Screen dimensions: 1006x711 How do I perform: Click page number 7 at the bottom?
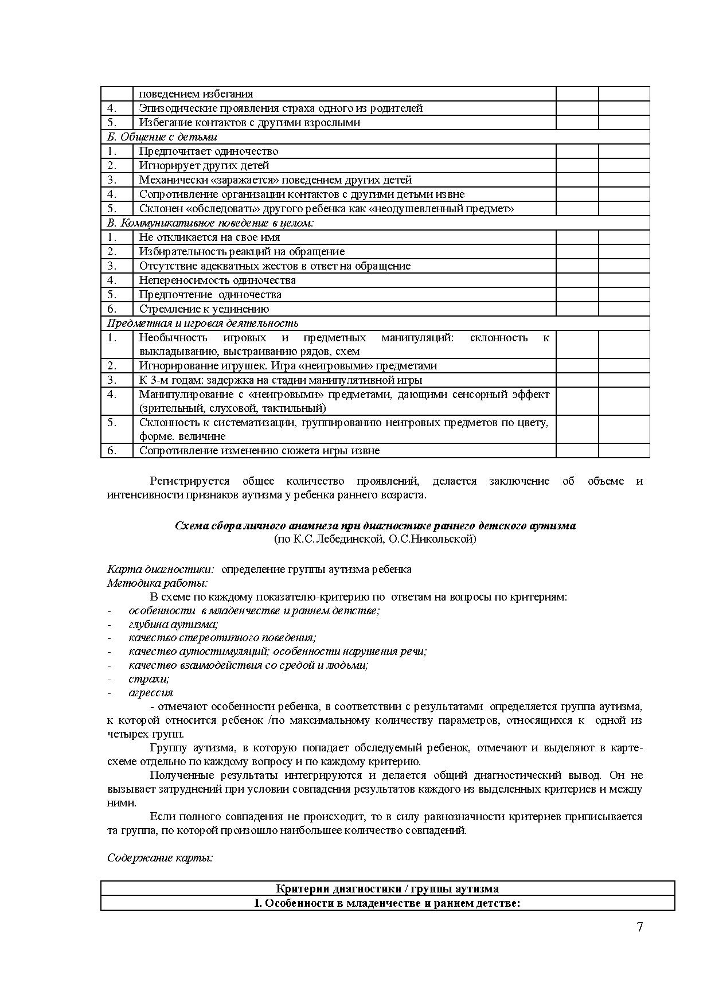click(x=639, y=927)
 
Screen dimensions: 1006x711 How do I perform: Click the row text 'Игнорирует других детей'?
click(x=204, y=166)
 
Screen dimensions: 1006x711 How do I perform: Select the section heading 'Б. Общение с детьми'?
click(x=162, y=137)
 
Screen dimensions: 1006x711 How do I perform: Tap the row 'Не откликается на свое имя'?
click(x=209, y=237)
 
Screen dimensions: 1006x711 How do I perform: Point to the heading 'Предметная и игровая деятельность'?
click(x=202, y=323)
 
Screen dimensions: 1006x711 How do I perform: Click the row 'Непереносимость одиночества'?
click(x=217, y=280)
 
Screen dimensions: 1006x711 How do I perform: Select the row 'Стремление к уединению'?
click(x=204, y=309)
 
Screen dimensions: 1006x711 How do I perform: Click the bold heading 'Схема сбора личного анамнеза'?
click(x=375, y=526)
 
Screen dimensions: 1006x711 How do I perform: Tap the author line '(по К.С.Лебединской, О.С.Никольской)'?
click(x=375, y=540)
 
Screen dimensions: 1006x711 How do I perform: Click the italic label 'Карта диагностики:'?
click(x=161, y=570)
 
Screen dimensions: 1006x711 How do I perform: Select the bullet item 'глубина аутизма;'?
click(x=173, y=625)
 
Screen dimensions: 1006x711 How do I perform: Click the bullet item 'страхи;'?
click(x=149, y=679)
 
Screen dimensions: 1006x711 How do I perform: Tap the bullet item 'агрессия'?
click(x=150, y=693)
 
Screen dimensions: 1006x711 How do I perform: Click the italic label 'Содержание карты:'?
click(x=160, y=858)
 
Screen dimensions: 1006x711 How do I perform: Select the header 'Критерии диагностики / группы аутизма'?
click(x=387, y=889)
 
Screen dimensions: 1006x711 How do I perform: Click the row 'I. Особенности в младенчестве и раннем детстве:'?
click(x=387, y=903)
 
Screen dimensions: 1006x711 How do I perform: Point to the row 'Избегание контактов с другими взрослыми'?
click(x=249, y=123)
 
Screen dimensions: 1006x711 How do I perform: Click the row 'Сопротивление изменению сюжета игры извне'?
click(x=259, y=451)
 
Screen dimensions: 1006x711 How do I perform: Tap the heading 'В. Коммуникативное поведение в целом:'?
click(x=210, y=223)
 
